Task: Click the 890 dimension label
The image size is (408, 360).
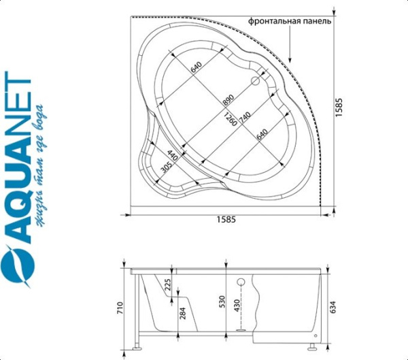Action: coord(228,99)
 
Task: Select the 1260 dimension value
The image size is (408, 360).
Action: coord(231,119)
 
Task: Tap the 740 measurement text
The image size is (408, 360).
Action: coord(245,118)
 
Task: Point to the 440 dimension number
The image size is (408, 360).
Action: coord(173,156)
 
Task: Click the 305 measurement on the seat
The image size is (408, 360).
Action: coord(167,167)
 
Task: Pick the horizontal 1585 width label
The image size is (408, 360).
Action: coord(226,220)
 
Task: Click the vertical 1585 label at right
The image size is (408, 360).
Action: coord(339,108)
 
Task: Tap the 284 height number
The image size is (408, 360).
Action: coord(183,313)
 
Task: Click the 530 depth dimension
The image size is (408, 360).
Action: coord(222,301)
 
